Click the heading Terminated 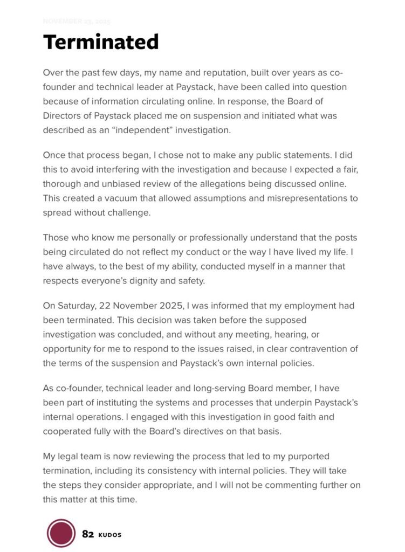(101, 42)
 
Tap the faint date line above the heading (77, 22)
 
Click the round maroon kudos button (61, 533)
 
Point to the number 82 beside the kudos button (88, 534)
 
